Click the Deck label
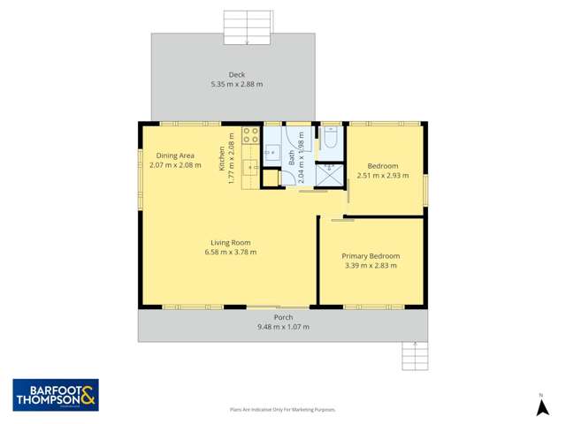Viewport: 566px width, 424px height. click(236, 75)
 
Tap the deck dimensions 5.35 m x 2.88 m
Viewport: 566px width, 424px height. click(236, 84)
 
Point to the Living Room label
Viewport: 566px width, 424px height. click(231, 243)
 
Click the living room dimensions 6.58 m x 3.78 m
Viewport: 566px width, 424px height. click(231, 252)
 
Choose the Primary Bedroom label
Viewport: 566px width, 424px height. click(371, 256)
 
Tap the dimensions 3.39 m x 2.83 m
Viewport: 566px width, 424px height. click(371, 265)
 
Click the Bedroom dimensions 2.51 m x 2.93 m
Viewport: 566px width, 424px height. click(384, 175)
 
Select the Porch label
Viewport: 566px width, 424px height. click(283, 317)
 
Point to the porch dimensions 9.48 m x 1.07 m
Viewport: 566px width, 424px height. click(283, 327)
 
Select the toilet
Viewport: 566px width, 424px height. click(331, 138)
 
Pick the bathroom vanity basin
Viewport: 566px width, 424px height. click(272, 151)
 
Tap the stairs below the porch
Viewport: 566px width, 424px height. click(414, 355)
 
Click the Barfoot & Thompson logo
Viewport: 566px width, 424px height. click(55, 394)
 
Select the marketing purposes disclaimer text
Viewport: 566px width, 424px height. click(283, 409)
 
